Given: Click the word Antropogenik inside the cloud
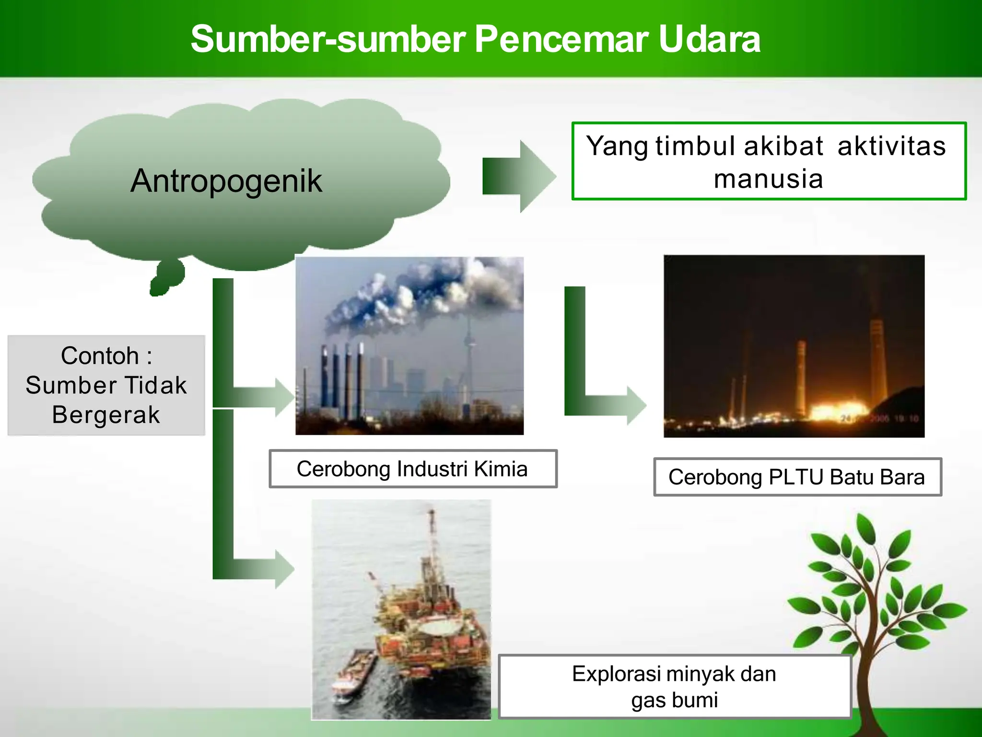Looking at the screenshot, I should tap(226, 181).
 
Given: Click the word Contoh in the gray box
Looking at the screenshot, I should tap(100, 356).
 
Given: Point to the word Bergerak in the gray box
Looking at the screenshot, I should tap(106, 415).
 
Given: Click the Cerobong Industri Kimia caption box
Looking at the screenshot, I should tap(412, 469).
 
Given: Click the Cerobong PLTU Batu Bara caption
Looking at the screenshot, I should tap(797, 477).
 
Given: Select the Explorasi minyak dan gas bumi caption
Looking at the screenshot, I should tap(674, 687).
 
